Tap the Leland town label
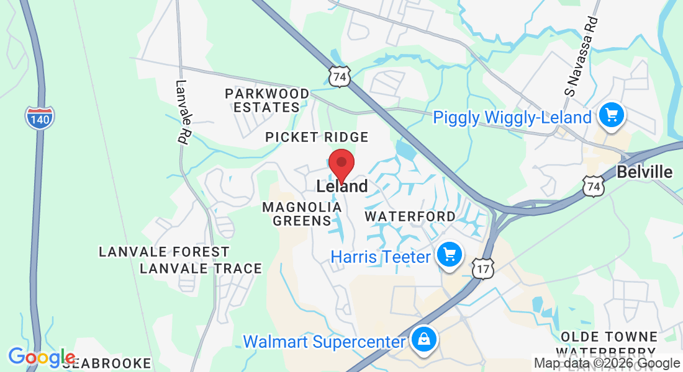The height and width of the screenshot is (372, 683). click(341, 186)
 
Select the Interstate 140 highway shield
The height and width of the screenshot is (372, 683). click(40, 117)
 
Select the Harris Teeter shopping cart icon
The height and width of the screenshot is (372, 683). click(449, 254)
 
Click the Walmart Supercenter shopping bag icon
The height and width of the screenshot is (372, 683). click(423, 339)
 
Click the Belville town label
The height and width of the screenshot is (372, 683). click(645, 172)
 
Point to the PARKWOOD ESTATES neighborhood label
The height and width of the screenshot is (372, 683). click(267, 100)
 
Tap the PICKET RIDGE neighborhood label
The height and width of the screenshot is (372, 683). click(317, 137)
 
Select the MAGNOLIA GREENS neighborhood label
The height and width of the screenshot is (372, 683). click(297, 213)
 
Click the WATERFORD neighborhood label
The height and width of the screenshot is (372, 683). click(410, 216)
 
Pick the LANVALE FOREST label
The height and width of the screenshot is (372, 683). click(164, 252)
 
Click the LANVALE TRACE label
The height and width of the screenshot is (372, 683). click(201, 268)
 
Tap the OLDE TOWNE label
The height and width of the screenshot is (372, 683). click(608, 337)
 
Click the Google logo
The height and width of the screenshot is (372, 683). click(41, 358)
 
